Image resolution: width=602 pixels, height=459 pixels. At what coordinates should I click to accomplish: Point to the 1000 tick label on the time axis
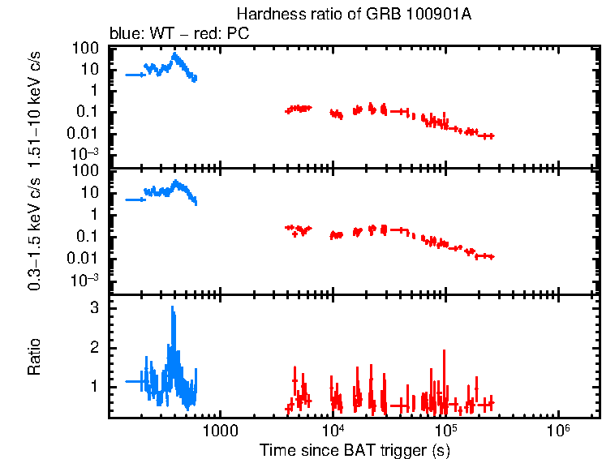pyautogui.click(x=218, y=429)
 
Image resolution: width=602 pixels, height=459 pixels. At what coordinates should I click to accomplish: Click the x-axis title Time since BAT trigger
pyautogui.click(x=354, y=448)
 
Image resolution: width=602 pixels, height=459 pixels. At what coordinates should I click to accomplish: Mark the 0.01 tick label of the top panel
pyautogui.click(x=87, y=133)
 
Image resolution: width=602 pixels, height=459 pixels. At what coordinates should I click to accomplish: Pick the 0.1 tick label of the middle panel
pyautogui.click(x=90, y=236)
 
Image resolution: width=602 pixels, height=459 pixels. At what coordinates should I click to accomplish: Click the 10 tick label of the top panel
pyautogui.click(x=90, y=70)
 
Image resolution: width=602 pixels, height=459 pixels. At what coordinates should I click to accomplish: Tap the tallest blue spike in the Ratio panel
pyautogui.click(x=173, y=308)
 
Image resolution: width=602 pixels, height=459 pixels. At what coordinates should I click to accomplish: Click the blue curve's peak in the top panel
pyautogui.click(x=175, y=54)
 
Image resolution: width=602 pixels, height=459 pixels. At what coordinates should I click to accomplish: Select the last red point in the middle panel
pyautogui.click(x=490, y=256)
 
